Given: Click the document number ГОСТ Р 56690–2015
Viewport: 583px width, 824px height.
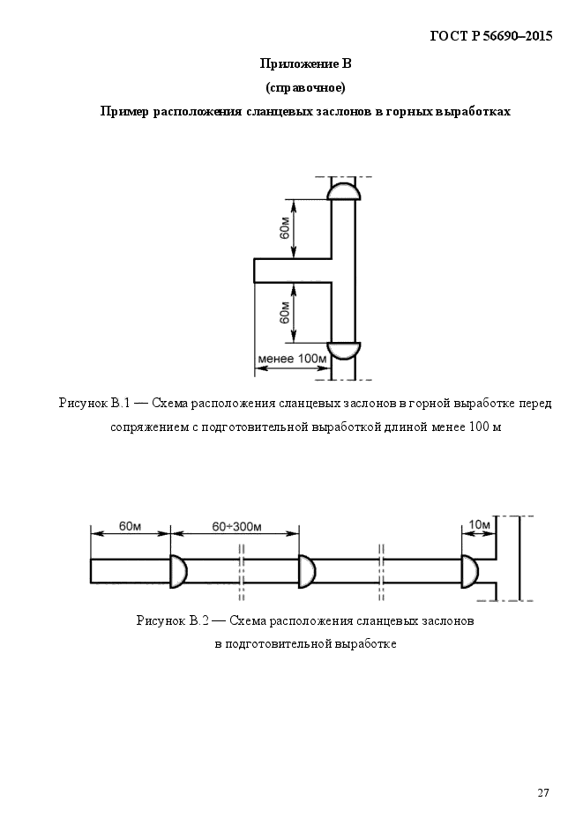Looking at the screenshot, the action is pyautogui.click(x=491, y=36).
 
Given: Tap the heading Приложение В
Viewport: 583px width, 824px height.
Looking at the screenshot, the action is pyautogui.click(x=305, y=64).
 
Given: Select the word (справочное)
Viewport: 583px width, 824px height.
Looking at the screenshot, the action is pyautogui.click(x=305, y=88).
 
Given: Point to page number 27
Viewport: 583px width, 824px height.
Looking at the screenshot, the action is pyautogui.click(x=543, y=792).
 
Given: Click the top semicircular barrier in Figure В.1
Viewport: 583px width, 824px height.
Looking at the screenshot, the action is pyautogui.click(x=344, y=192).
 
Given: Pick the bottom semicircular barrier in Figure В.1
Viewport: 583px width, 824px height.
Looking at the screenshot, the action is pyautogui.click(x=344, y=351).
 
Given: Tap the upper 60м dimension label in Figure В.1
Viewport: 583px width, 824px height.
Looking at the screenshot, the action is pyautogui.click(x=284, y=228).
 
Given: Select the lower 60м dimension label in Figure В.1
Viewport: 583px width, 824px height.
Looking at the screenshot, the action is pyautogui.click(x=284, y=313).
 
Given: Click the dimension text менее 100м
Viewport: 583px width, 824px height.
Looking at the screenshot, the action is pyautogui.click(x=292, y=359).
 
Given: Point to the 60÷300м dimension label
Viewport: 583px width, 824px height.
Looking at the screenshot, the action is pyautogui.click(x=236, y=526).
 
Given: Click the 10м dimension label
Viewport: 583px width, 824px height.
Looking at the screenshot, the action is pyautogui.click(x=479, y=524).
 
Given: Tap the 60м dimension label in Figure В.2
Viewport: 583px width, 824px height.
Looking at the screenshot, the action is pyautogui.click(x=130, y=526).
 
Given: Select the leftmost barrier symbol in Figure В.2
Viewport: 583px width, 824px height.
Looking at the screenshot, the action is pyautogui.click(x=178, y=571).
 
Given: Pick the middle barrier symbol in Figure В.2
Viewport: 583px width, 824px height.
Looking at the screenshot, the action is pyautogui.click(x=306, y=571).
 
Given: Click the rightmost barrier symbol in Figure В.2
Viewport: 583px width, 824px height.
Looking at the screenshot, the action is pyautogui.click(x=470, y=571).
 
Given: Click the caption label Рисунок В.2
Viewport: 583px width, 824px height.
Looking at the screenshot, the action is pyautogui.click(x=172, y=620).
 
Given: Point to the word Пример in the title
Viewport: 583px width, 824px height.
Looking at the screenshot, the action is pyautogui.click(x=124, y=112).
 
